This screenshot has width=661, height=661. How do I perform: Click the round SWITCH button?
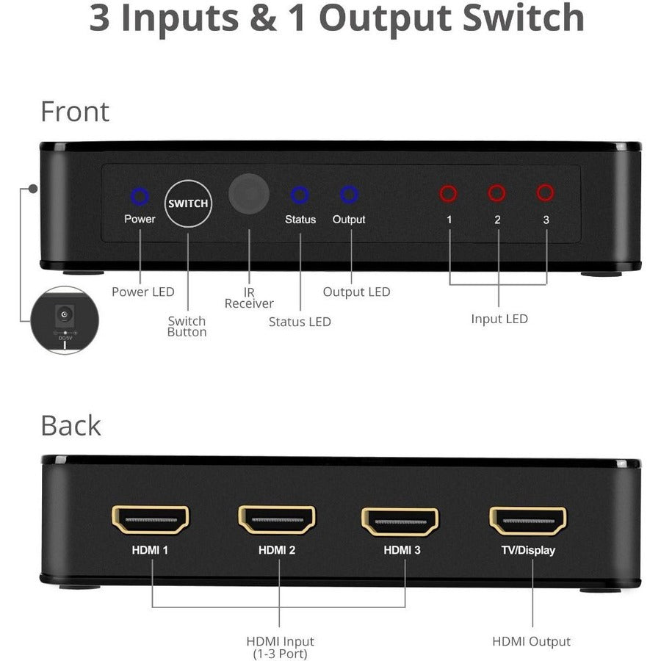(x=188, y=203)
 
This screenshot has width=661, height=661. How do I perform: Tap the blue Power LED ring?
(x=140, y=196)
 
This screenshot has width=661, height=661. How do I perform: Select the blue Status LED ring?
(x=300, y=195)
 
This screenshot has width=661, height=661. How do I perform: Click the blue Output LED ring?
(x=349, y=195)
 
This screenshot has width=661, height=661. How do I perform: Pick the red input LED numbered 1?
(x=448, y=194)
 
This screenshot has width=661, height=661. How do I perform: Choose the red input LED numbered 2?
(x=497, y=193)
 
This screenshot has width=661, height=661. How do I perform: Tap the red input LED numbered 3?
(x=545, y=193)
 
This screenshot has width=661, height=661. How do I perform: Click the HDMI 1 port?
(x=151, y=519)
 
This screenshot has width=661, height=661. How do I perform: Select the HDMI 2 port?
(x=277, y=519)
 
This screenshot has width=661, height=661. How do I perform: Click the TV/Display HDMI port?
(x=528, y=520)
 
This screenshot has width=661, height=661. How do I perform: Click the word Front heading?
(x=75, y=112)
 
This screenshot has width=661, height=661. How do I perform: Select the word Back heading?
(x=71, y=426)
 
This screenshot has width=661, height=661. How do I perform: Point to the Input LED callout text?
(x=499, y=319)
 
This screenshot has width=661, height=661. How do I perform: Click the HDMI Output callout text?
(x=531, y=641)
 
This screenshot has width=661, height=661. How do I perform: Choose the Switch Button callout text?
(x=187, y=327)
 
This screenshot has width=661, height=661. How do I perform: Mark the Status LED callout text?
(x=300, y=322)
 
